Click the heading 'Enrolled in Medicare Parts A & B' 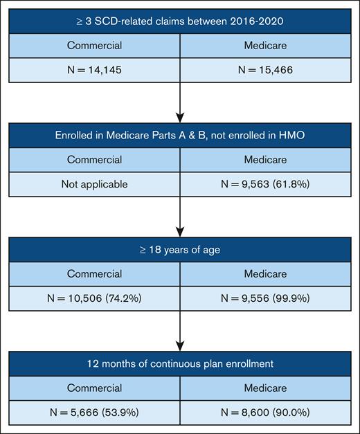click(x=180, y=134)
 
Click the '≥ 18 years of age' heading click(x=180, y=249)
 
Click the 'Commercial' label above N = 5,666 click(x=95, y=386)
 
